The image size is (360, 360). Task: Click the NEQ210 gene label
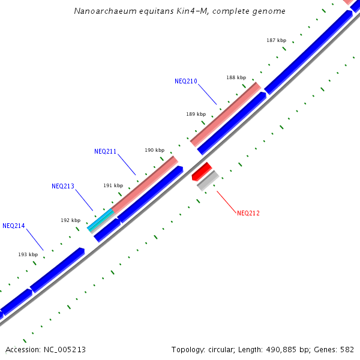coord(185,81)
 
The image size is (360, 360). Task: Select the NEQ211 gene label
coord(105,151)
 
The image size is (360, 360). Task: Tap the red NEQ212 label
coord(248,213)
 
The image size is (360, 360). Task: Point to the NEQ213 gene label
coord(63,186)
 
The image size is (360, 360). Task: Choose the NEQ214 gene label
coord(14,226)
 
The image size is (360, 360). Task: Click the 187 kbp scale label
coord(276,40)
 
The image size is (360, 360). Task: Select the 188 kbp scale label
coord(236,77)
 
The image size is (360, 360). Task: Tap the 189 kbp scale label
coord(196,113)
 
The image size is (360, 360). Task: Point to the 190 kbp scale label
coord(154,150)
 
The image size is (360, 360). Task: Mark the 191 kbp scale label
coord(113,185)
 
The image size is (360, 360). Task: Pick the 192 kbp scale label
coord(70,220)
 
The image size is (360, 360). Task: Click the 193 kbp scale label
coord(28,254)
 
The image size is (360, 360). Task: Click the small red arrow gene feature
coord(202,172)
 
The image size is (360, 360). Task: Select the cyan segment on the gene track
coord(100,220)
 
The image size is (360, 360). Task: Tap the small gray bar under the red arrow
coord(208,181)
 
